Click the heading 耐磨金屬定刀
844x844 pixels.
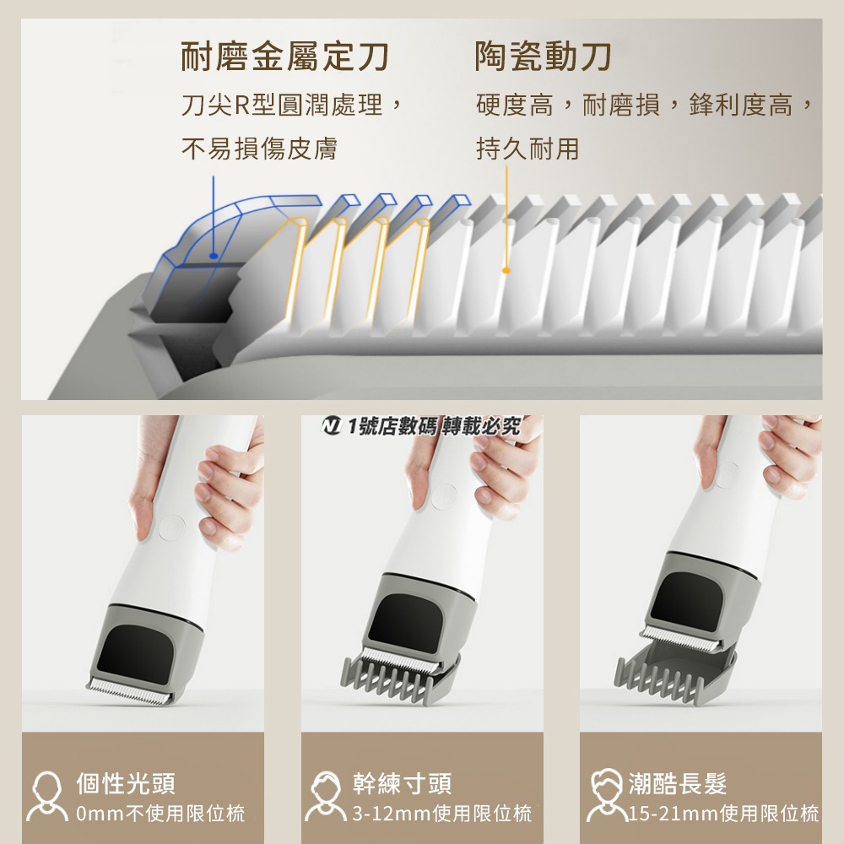tap(285, 57)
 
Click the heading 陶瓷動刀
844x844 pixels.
tap(544, 57)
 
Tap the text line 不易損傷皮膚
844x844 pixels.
tap(260, 149)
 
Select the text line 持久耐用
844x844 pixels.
tap(527, 149)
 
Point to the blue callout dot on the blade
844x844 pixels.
tap(214, 255)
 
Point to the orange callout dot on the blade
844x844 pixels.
tap(506, 270)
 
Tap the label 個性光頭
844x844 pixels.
tap(126, 783)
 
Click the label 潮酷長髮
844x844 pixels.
tap(678, 783)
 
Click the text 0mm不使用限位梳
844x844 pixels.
tap(160, 814)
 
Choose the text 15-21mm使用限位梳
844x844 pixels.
tap(724, 814)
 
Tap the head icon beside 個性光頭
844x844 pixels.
tap(47, 797)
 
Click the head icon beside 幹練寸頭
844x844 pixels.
tap(325, 797)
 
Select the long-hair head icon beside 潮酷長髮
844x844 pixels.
tap(606, 797)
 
